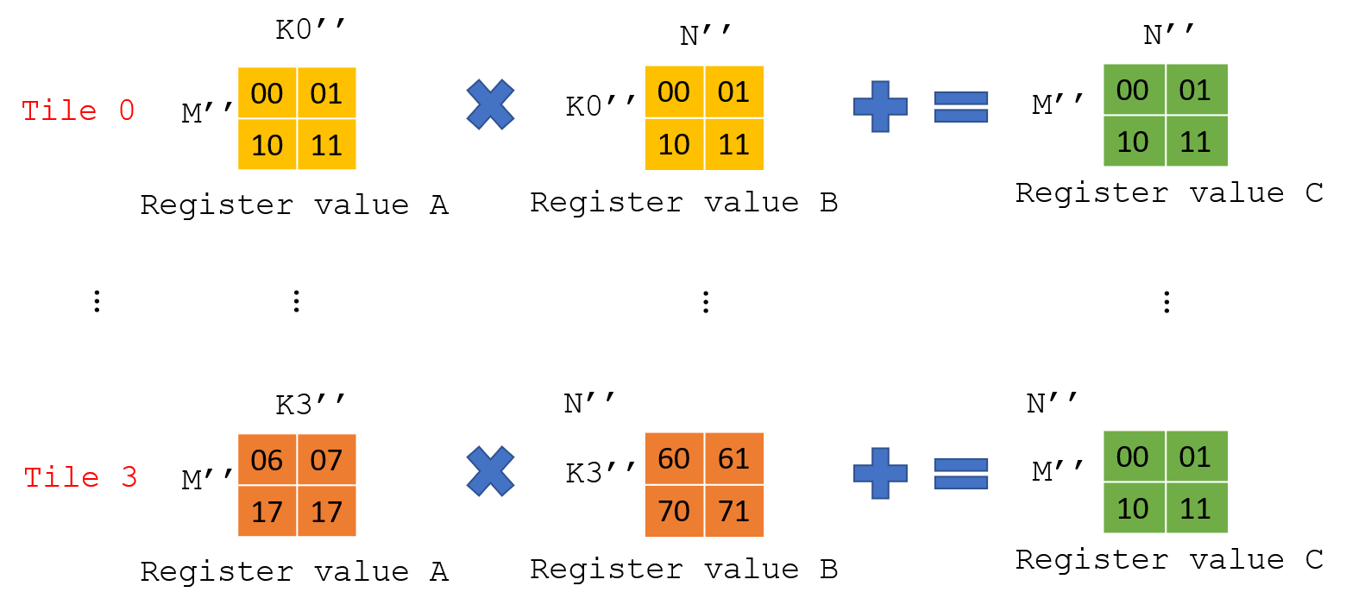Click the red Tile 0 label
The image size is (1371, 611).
(x=78, y=110)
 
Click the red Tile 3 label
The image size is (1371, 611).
(x=80, y=477)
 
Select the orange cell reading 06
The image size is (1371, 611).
(x=267, y=460)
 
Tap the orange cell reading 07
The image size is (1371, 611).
(x=327, y=460)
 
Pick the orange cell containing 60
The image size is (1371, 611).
(x=674, y=458)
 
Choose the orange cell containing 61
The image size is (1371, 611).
(x=734, y=458)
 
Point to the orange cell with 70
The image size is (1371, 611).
(x=674, y=512)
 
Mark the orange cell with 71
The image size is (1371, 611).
(x=734, y=512)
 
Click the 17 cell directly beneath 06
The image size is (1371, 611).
(x=267, y=513)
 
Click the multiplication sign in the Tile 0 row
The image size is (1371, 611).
(x=490, y=104)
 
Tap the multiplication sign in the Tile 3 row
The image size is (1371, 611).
(x=490, y=471)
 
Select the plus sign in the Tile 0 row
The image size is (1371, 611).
(x=880, y=106)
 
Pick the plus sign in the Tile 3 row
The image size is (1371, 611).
(x=880, y=473)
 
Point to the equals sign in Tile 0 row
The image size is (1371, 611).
(x=960, y=107)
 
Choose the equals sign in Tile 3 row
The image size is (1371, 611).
(x=960, y=474)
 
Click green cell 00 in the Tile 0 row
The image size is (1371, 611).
(x=1133, y=90)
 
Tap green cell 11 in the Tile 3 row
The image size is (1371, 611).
(x=1196, y=509)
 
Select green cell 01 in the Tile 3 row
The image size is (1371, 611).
(x=1196, y=457)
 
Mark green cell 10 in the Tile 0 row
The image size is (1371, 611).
(x=1133, y=142)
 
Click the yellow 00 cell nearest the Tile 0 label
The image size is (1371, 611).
(x=267, y=93)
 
